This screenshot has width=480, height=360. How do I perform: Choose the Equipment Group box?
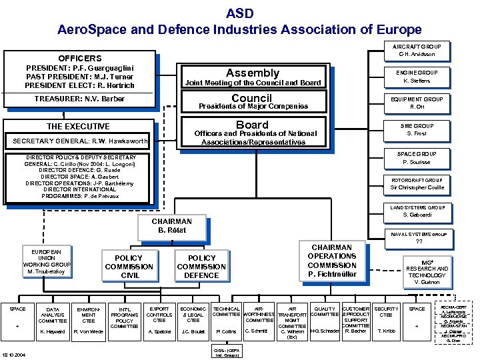tap(417, 103)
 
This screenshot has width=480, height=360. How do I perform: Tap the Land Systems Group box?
tap(418, 211)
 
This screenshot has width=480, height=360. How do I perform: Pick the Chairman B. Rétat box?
tap(171, 226)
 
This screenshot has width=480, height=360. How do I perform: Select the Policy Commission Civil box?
tap(129, 266)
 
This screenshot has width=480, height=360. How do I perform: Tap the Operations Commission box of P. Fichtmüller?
tap(331, 261)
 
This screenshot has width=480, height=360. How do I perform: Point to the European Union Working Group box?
tap(46, 262)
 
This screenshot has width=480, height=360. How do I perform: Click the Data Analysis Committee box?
tap(52, 320)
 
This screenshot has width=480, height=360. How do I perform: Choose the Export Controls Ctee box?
tap(159, 320)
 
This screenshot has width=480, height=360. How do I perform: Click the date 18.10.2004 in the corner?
tap(15, 354)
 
